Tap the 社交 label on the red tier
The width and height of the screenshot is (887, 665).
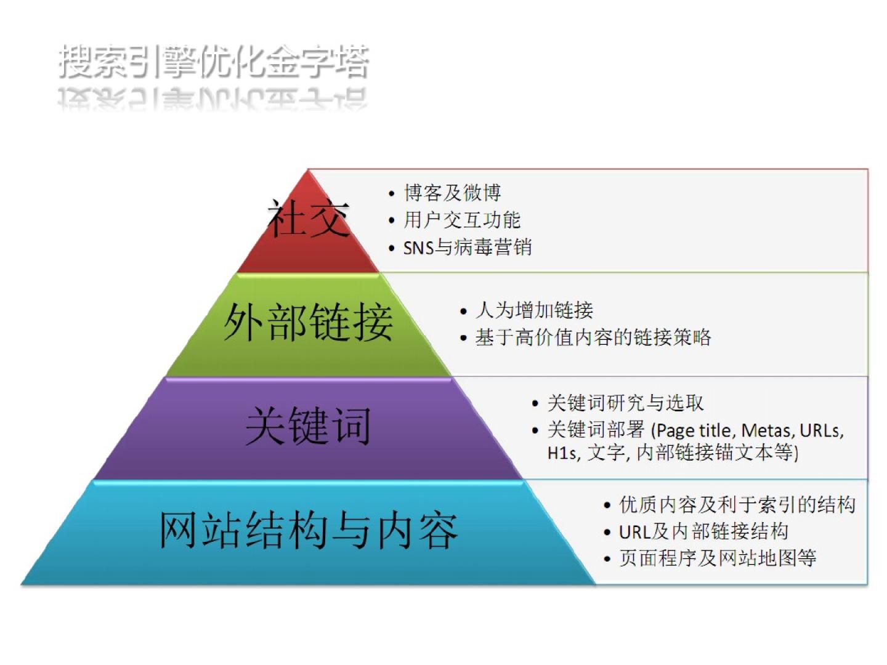click(x=309, y=218)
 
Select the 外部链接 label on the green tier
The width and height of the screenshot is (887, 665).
click(x=309, y=322)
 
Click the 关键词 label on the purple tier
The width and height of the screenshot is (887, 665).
click(x=309, y=425)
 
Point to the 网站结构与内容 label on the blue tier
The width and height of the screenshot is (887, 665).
click(x=309, y=530)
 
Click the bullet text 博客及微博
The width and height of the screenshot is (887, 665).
click(x=453, y=193)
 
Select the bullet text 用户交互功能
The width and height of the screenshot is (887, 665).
click(x=463, y=220)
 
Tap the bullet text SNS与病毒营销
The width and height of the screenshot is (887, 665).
click(x=468, y=247)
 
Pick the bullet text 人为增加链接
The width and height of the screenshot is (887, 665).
click(x=534, y=310)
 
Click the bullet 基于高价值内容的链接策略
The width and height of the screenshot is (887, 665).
click(x=593, y=337)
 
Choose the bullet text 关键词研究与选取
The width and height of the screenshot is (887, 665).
click(x=626, y=403)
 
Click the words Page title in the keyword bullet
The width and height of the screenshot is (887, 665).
click(x=694, y=431)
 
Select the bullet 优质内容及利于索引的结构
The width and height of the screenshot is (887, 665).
click(x=737, y=505)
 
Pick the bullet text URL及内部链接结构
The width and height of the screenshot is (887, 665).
click(x=703, y=532)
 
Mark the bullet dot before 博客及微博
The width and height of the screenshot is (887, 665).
click(x=391, y=194)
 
